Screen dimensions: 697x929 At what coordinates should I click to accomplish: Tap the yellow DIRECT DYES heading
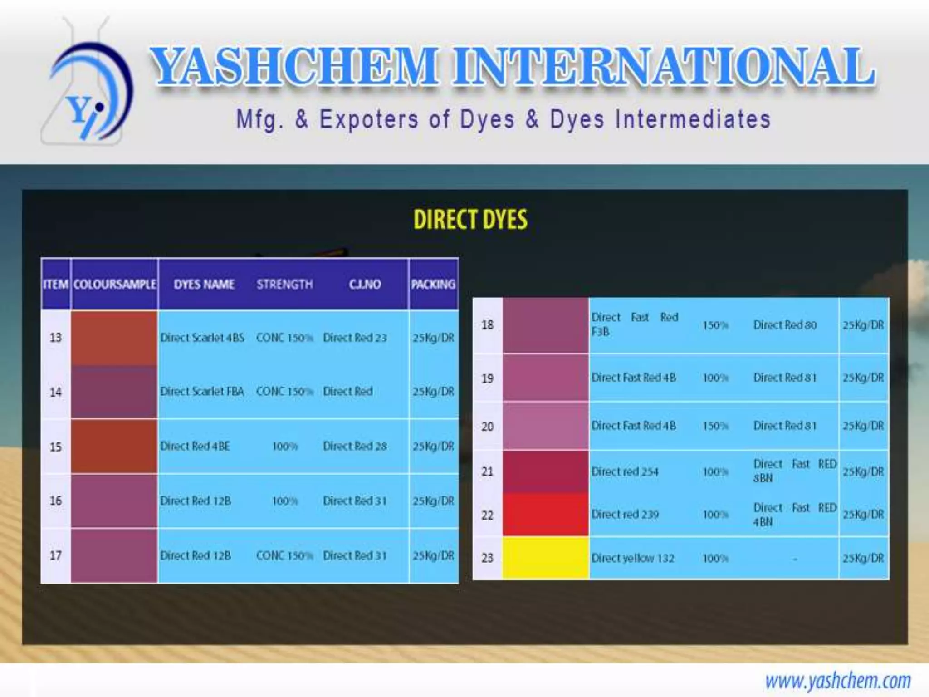[470, 220]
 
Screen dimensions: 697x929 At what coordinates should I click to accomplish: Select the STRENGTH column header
[284, 285]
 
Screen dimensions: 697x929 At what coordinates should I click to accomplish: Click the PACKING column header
[433, 285]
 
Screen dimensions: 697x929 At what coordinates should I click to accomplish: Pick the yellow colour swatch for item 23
[545, 558]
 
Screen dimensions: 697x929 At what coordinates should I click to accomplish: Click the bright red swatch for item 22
[545, 515]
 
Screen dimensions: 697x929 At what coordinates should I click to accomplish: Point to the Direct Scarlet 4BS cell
[202, 338]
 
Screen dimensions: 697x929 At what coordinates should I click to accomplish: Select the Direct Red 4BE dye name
[195, 447]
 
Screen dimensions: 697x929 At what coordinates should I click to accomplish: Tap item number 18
[487, 325]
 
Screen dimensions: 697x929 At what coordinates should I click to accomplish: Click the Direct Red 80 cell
[785, 325]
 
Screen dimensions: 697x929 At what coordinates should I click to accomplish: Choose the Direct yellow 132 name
[633, 558]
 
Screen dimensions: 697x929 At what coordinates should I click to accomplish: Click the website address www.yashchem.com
[837, 681]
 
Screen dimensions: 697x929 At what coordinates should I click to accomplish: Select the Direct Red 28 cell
[355, 447]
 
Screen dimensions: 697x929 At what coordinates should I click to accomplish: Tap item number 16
[55, 501]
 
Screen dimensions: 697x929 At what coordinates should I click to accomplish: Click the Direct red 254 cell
[625, 472]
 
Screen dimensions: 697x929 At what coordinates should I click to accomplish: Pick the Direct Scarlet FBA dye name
[202, 391]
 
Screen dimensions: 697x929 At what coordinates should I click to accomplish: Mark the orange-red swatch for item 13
[114, 338]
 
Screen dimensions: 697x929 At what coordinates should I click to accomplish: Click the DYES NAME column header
[204, 285]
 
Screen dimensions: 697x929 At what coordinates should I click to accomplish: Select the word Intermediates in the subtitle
[693, 120]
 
